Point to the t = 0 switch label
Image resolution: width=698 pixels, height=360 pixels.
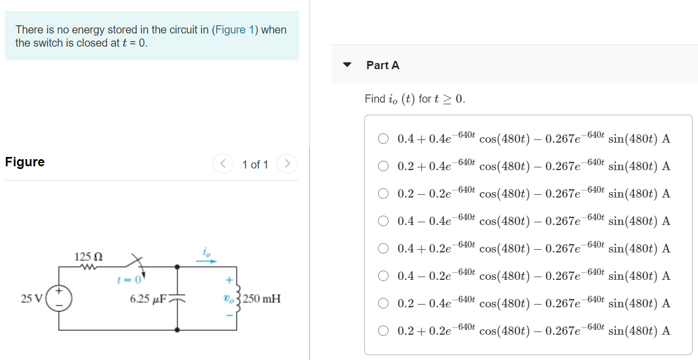pyautogui.click(x=130, y=280)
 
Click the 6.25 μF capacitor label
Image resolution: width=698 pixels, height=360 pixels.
pyautogui.click(x=148, y=299)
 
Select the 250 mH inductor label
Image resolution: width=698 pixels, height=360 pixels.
pyautogui.click(x=262, y=299)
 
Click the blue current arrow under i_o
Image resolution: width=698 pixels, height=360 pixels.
pyautogui.click(x=206, y=262)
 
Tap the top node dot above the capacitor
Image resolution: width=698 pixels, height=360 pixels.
pyautogui.click(x=177, y=267)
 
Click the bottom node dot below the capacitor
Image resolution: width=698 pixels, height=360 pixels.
pyautogui.click(x=177, y=330)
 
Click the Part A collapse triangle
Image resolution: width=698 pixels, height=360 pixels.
pyautogui.click(x=347, y=65)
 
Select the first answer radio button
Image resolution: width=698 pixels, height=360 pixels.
pyautogui.click(x=384, y=138)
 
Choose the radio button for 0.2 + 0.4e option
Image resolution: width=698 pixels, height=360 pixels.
pyautogui.click(x=384, y=166)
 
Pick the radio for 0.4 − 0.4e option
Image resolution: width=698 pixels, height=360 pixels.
pyautogui.click(x=384, y=221)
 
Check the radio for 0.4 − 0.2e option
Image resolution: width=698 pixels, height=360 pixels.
pyautogui.click(x=384, y=275)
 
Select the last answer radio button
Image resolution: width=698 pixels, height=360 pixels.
pyautogui.click(x=384, y=330)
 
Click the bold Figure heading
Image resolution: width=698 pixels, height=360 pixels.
pyautogui.click(x=25, y=162)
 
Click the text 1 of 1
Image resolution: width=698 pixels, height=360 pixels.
pyautogui.click(x=255, y=164)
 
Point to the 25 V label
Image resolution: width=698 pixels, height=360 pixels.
pyautogui.click(x=31, y=299)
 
